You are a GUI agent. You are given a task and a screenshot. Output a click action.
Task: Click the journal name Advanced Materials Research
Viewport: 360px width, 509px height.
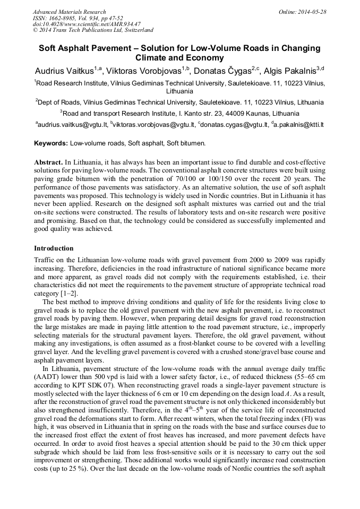(69, 12)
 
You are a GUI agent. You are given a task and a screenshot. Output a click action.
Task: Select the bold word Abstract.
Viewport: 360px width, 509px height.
(48, 161)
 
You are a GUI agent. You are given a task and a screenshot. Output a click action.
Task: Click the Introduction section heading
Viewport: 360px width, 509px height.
(54, 248)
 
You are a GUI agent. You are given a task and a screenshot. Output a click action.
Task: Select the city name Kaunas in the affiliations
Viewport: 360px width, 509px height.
(249, 113)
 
